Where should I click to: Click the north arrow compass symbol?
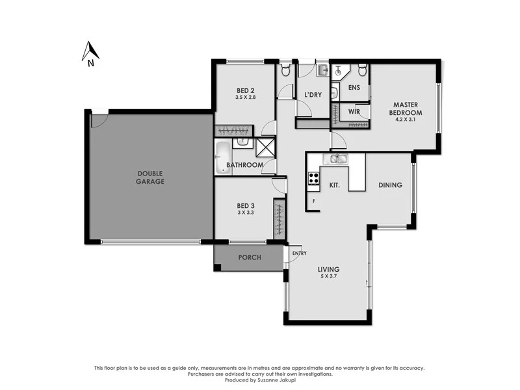(x=91, y=53)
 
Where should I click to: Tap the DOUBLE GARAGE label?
(x=150, y=177)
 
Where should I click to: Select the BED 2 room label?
(x=245, y=90)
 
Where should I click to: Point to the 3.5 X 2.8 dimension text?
(x=245, y=97)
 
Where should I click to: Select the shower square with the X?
(x=265, y=148)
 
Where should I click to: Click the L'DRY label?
(x=313, y=95)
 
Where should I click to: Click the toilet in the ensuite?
(x=362, y=70)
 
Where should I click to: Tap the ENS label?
(x=354, y=88)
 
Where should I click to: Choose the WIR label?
(x=354, y=112)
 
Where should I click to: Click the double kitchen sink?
(x=335, y=159)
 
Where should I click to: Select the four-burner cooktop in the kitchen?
(x=313, y=177)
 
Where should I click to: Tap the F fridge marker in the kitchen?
(x=314, y=201)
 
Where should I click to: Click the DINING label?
(x=390, y=185)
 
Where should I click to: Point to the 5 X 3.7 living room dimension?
(x=329, y=277)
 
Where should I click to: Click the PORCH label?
(x=250, y=257)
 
